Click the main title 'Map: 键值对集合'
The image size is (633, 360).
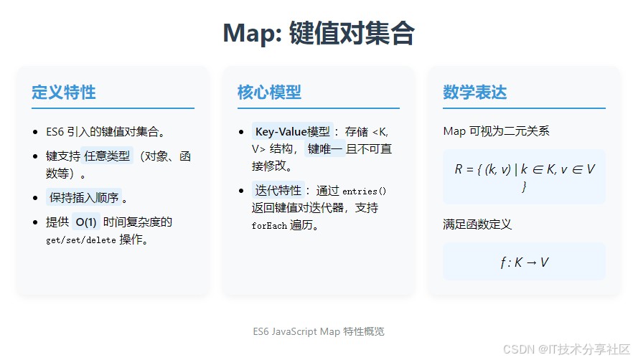click(x=319, y=33)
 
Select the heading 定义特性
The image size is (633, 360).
click(x=64, y=92)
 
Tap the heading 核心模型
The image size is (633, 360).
click(x=269, y=92)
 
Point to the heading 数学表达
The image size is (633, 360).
click(x=475, y=92)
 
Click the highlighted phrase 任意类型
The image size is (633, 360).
click(x=107, y=156)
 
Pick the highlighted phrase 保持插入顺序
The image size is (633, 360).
click(x=84, y=197)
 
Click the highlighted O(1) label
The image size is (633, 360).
click(x=86, y=222)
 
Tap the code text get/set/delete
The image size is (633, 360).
click(x=80, y=240)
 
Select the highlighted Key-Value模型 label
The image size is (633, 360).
click(x=293, y=131)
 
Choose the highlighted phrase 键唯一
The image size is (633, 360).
click(x=324, y=149)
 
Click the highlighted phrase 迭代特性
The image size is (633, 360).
click(x=278, y=190)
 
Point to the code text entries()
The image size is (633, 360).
click(x=364, y=191)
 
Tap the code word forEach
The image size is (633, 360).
click(x=269, y=226)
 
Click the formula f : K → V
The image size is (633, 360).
click(x=524, y=262)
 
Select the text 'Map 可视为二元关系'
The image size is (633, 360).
click(x=496, y=131)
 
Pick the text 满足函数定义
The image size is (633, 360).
click(x=477, y=224)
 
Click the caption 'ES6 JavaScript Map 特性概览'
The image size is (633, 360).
click(x=319, y=331)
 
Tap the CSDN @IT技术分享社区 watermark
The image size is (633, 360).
click(x=566, y=349)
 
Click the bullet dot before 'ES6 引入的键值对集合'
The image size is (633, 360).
click(x=36, y=132)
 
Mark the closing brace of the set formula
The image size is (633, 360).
click(x=524, y=186)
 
